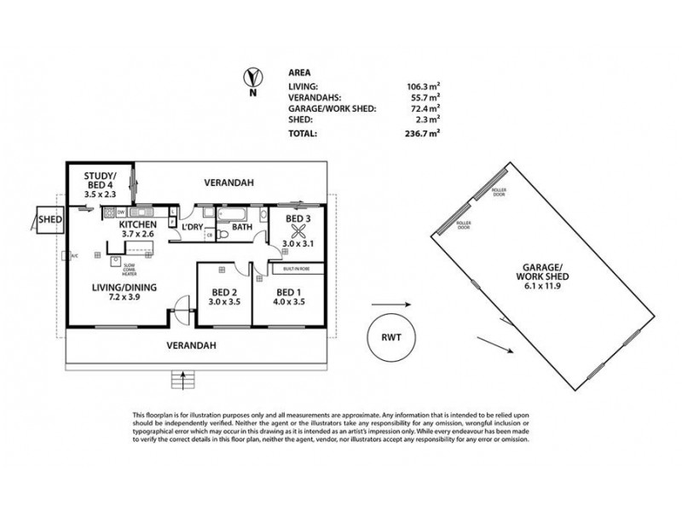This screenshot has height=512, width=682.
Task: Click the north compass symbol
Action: [250, 78]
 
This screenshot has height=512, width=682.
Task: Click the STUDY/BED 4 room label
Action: [100, 183]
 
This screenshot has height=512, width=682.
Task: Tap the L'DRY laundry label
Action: [191, 228]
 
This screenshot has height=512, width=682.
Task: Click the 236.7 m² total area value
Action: [423, 134]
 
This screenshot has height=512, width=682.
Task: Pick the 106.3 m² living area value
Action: [423, 86]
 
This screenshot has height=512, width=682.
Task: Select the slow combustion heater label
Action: [128, 267]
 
